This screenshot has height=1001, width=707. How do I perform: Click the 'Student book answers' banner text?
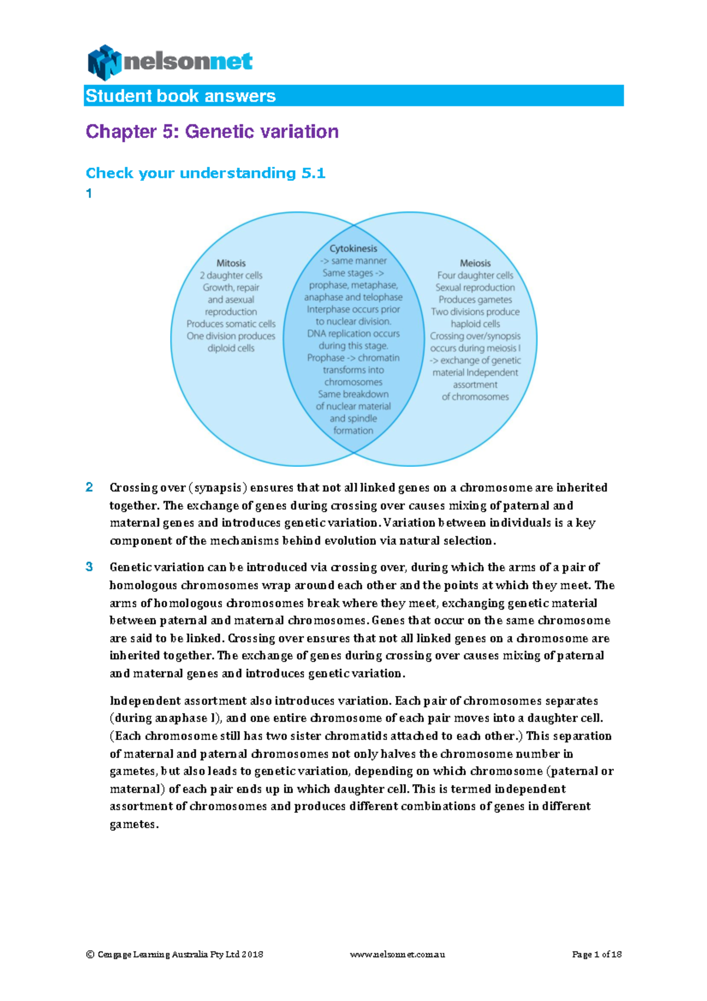(x=180, y=96)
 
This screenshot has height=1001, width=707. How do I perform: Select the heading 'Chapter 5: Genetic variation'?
(x=212, y=131)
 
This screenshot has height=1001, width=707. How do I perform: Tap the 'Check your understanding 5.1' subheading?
(x=206, y=173)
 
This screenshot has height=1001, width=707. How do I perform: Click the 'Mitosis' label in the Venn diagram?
(x=231, y=264)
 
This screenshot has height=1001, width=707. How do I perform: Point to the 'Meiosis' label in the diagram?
(x=475, y=264)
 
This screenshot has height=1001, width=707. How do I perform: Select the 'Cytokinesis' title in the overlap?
(x=353, y=249)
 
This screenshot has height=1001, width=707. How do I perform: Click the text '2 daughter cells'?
(x=231, y=275)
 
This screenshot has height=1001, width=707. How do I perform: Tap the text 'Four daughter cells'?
(x=475, y=275)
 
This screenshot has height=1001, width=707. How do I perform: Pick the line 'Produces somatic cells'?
(x=231, y=324)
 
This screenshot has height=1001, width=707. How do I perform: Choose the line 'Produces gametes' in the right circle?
(x=475, y=299)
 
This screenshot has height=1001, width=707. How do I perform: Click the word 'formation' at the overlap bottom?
(x=353, y=431)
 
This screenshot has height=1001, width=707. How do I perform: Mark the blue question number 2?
(x=90, y=488)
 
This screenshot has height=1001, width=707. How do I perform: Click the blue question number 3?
(x=90, y=567)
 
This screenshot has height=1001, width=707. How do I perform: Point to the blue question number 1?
(x=89, y=193)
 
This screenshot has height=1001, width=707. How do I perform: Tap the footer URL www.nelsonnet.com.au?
(x=398, y=954)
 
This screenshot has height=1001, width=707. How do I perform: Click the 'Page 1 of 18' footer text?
(x=597, y=954)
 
